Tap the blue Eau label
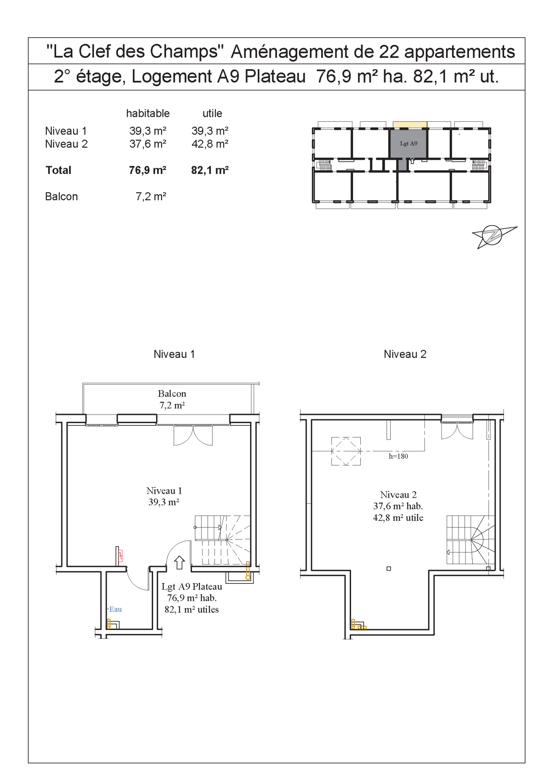(x=115, y=609)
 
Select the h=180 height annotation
(x=398, y=456)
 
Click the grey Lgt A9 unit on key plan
(x=408, y=144)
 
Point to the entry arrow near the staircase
(x=179, y=562)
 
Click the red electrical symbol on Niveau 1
(x=120, y=556)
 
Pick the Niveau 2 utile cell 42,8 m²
(x=210, y=144)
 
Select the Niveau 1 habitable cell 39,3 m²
(x=148, y=131)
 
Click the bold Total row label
(x=59, y=170)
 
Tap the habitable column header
(x=148, y=113)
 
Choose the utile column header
(x=212, y=113)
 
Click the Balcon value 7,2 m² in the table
(x=151, y=197)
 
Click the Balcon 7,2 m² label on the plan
(x=172, y=400)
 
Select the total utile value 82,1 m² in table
(x=210, y=170)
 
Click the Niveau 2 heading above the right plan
(x=405, y=354)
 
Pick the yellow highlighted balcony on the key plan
(x=410, y=125)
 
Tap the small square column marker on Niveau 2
(x=389, y=569)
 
